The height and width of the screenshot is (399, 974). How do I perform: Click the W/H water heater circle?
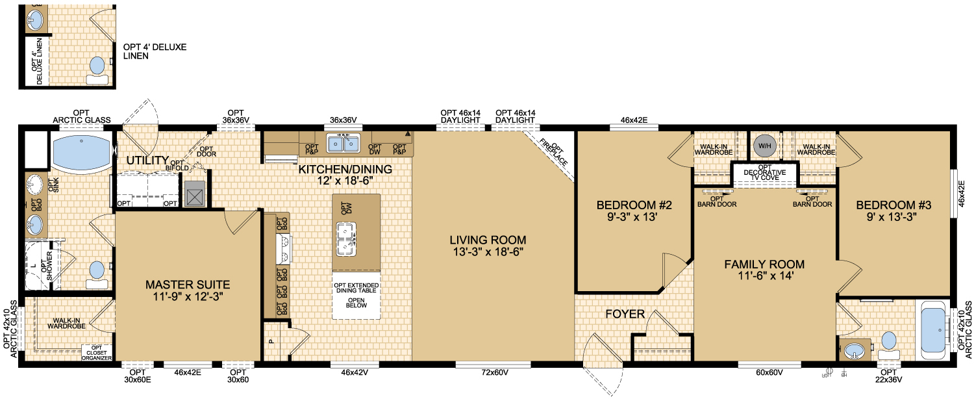[764, 146]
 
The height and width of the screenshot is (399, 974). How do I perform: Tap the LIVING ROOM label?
[488, 240]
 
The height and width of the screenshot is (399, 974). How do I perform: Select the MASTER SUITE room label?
[188, 285]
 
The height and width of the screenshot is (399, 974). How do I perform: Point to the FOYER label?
[625, 314]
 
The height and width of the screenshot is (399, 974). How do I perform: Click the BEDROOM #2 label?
[634, 205]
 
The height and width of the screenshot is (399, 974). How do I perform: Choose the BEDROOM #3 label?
[893, 205]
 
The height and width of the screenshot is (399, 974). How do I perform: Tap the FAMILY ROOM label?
[764, 264]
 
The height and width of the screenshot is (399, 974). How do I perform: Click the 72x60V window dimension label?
[495, 372]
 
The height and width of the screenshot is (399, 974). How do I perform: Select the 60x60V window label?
[769, 372]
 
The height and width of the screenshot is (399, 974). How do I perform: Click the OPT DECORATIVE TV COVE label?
[764, 172]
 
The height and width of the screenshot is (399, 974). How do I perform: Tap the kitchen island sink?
[346, 239]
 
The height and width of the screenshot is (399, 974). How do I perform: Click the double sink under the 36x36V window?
[343, 143]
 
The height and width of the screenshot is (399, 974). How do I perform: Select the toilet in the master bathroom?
[97, 275]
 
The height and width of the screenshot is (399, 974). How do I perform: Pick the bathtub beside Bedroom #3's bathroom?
[932, 330]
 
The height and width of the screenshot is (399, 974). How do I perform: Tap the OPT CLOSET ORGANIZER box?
[97, 353]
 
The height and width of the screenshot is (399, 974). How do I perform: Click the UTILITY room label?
[147, 160]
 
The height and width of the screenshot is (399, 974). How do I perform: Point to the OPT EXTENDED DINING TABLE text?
[356, 288]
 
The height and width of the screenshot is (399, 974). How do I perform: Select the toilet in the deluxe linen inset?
[97, 70]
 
